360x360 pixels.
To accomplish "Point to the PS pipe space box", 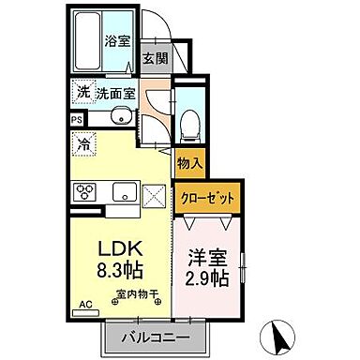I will click(76, 120).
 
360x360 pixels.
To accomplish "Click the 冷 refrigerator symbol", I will click(84, 145).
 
